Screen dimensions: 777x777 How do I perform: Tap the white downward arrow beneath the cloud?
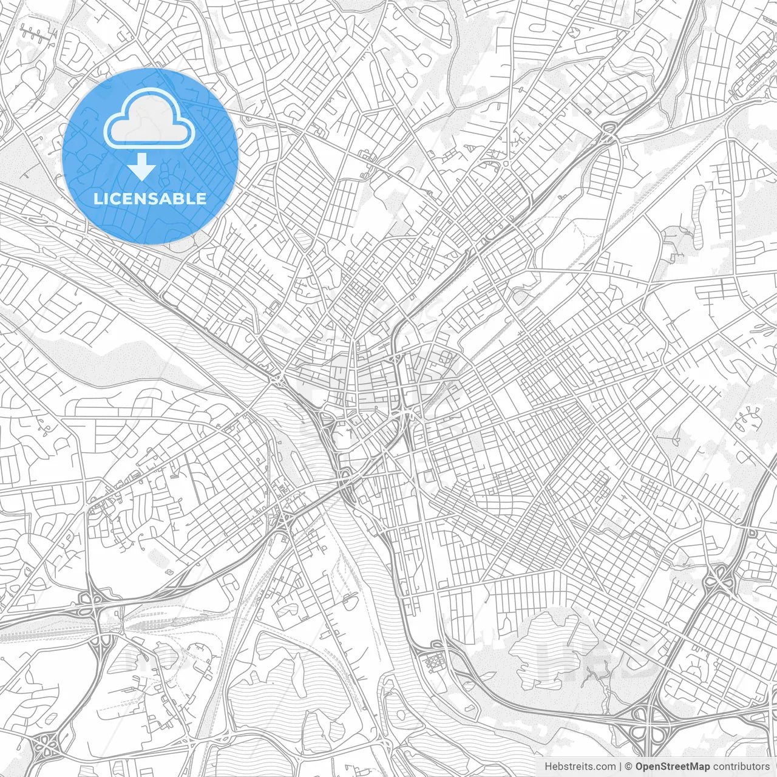coord(142,166)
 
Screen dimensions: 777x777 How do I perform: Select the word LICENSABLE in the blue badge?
coord(150,198)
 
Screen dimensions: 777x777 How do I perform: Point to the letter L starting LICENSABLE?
coord(97,198)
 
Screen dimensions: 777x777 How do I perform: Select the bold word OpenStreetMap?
coord(673,767)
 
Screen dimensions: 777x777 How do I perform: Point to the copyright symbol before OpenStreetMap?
coord(629,767)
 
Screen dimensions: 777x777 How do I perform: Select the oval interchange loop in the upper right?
coord(609,129)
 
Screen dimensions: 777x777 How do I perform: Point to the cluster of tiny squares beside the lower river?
coord(436,662)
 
